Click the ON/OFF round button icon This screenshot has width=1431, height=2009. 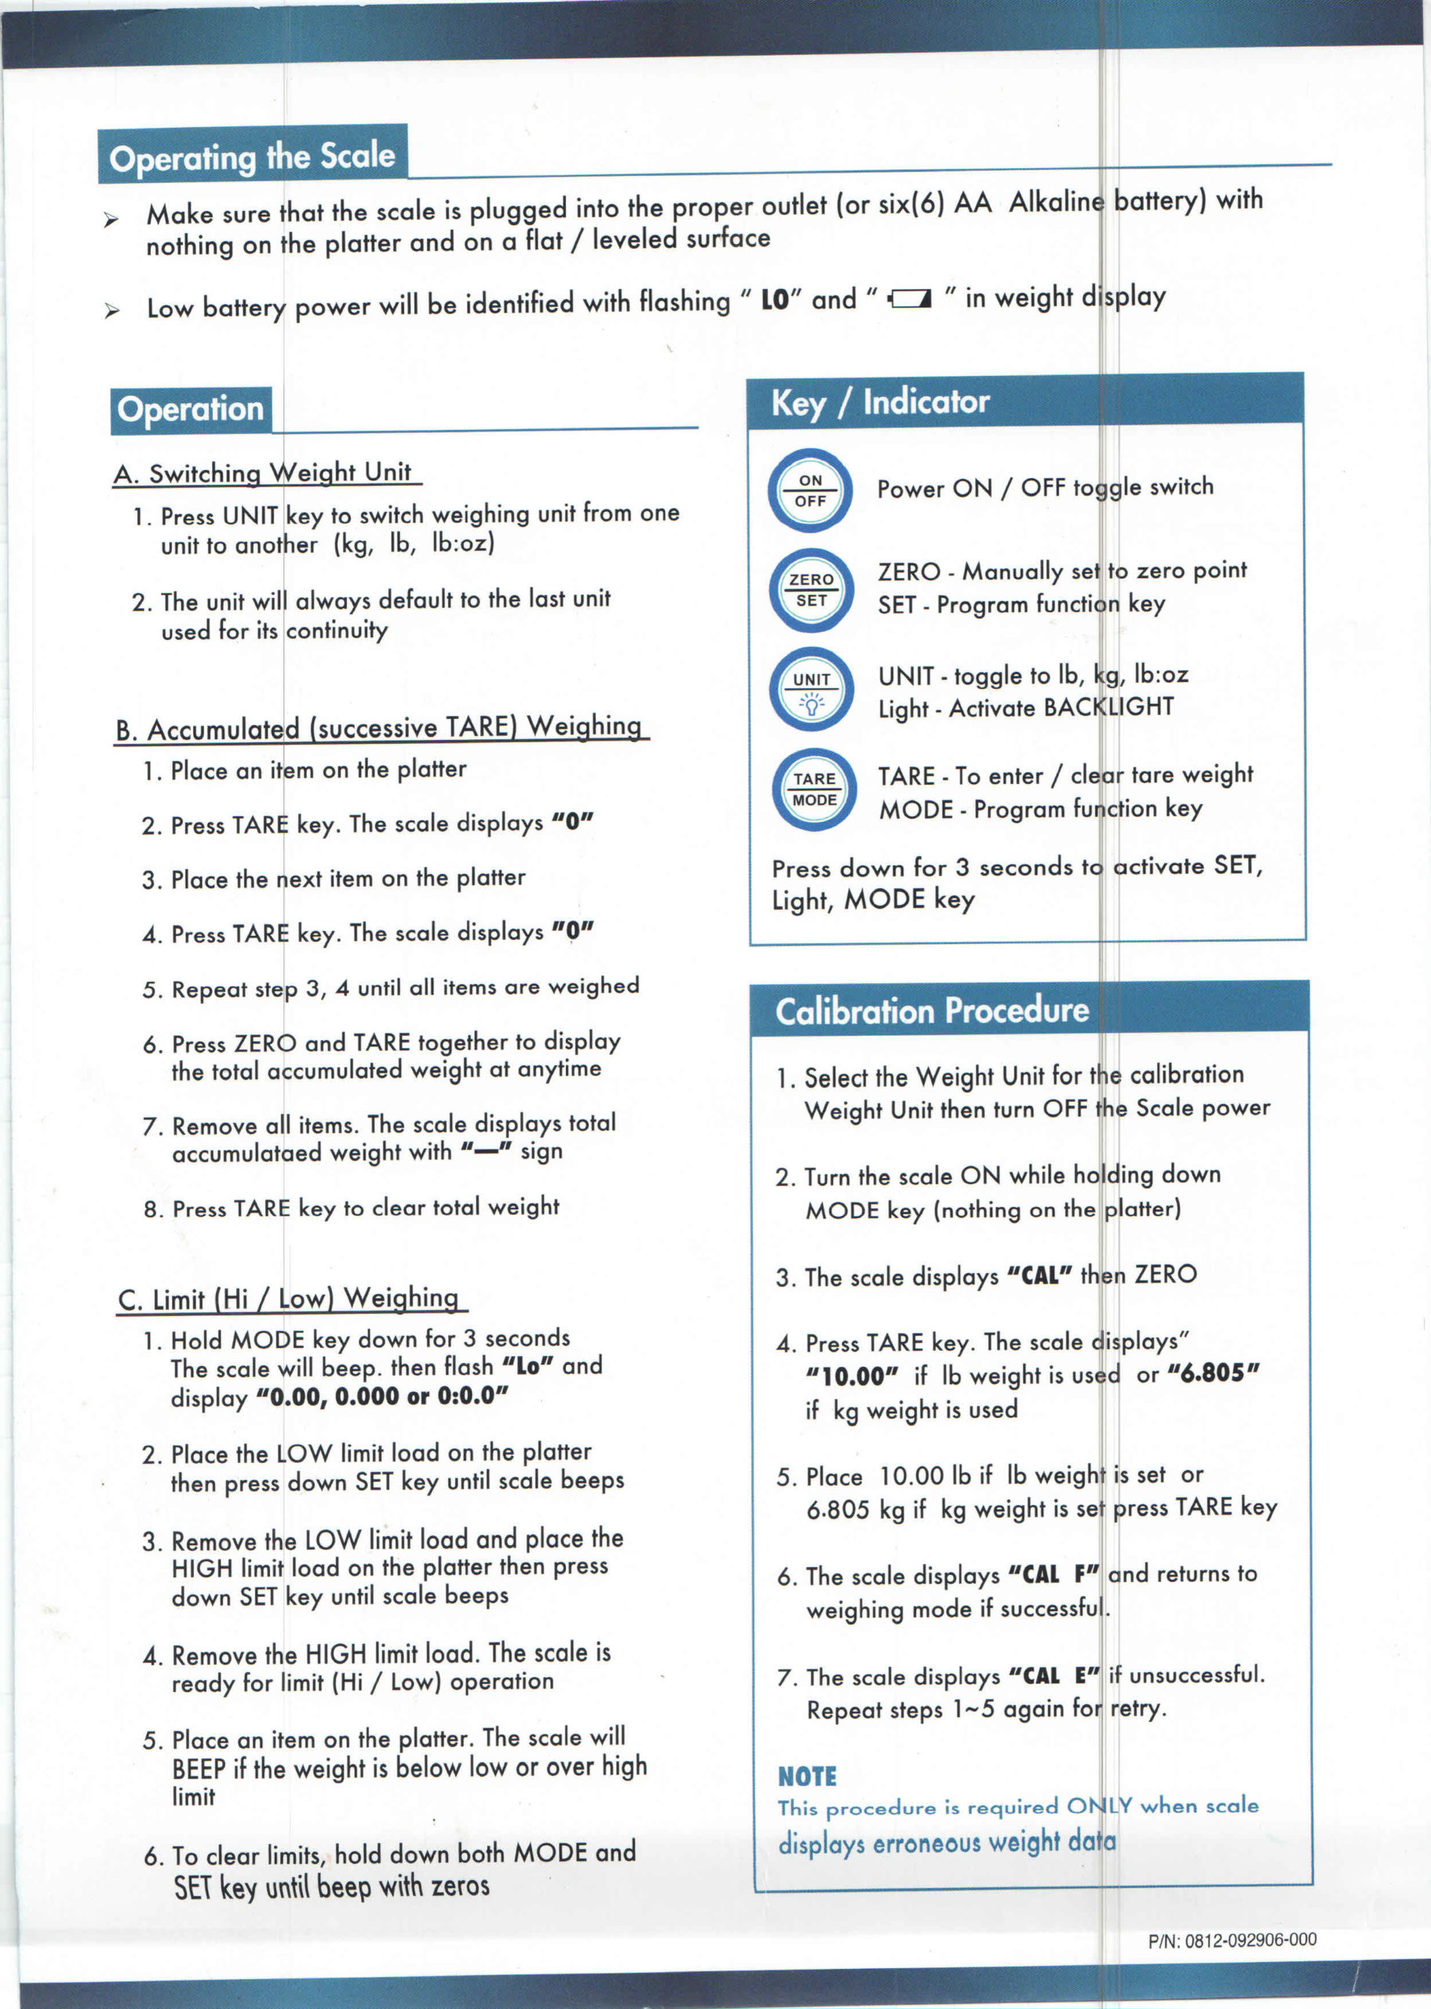tap(810, 490)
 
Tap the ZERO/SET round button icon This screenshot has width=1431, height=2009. tap(811, 590)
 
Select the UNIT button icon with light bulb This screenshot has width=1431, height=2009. tap(811, 691)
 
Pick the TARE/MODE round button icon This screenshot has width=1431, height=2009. tap(813, 789)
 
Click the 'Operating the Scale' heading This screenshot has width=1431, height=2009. tap(252, 156)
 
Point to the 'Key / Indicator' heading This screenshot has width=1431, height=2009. tap(880, 403)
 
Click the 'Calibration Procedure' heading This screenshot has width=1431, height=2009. tap(932, 1010)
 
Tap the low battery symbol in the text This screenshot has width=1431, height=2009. tap(909, 300)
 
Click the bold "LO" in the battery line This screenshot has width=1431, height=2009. tap(775, 301)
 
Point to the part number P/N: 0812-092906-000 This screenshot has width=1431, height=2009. tap(1232, 1940)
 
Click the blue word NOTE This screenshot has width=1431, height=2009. tap(807, 1776)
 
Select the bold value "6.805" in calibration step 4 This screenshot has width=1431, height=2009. tap(1214, 1373)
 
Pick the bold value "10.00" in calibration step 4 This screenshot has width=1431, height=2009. tap(851, 1376)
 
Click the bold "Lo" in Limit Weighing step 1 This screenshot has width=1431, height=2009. tap(527, 1366)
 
